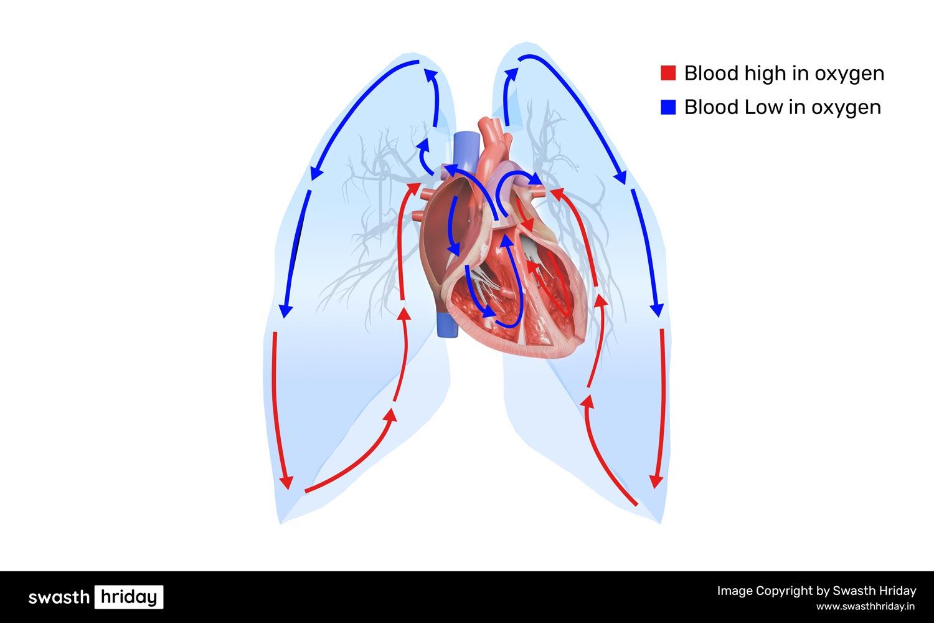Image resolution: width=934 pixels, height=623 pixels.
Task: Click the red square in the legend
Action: click(x=668, y=73)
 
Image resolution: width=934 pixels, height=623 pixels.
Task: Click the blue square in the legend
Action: click(x=668, y=107)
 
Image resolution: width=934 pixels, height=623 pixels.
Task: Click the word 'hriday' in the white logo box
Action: click(x=128, y=597)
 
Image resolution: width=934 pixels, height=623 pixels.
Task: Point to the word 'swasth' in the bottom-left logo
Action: click(x=59, y=597)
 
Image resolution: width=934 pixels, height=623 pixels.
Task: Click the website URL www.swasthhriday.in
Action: click(x=866, y=606)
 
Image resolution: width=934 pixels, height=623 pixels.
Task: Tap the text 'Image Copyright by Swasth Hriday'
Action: click(x=816, y=591)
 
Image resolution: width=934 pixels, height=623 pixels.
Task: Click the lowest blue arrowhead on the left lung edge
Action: click(x=285, y=310)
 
